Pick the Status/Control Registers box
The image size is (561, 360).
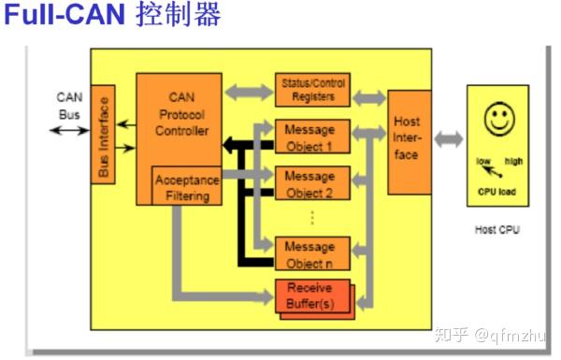pos(313,90)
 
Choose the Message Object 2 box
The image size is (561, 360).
pos(311,183)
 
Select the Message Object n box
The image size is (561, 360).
pos(311,252)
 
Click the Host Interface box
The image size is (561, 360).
pos(409,140)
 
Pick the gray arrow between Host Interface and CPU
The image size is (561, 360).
pos(449,139)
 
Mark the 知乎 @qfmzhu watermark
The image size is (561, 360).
pos(497,333)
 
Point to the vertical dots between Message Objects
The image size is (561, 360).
pos(311,217)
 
